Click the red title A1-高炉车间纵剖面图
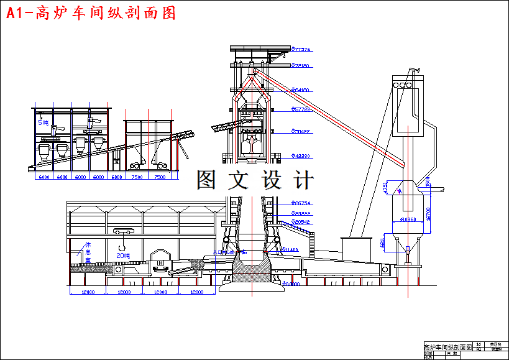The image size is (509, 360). click(x=91, y=14)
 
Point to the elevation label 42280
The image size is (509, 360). click(x=302, y=156)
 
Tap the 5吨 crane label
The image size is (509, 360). click(x=43, y=122)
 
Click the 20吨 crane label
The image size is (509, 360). click(x=123, y=255)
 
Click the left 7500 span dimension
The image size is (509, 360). click(x=137, y=177)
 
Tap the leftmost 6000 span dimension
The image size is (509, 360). click(x=44, y=177)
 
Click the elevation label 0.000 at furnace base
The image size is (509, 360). click(x=292, y=284)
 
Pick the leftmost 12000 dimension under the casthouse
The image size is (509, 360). click(x=87, y=292)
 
